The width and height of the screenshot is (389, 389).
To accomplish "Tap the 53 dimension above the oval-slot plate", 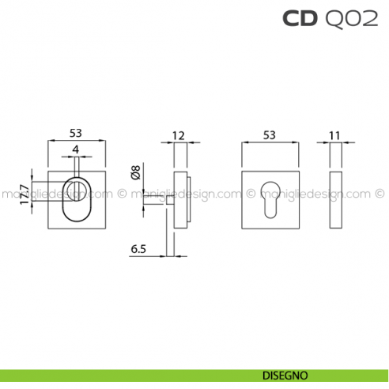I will coord(77,134).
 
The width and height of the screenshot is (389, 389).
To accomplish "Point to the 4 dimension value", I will coord(76,149).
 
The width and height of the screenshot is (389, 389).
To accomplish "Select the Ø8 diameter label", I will coord(135,172).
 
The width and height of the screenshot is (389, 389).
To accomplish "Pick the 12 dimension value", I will coord(178,135).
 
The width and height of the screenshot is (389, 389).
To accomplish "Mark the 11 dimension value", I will coord(334,135).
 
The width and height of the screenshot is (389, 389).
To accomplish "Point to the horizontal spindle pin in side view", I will coord(155,201).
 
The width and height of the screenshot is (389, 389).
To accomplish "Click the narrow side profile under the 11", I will coord(334,199).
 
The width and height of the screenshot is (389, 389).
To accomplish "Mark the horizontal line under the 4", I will coord(76,157).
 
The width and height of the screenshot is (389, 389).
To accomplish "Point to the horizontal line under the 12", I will coord(178,143).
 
